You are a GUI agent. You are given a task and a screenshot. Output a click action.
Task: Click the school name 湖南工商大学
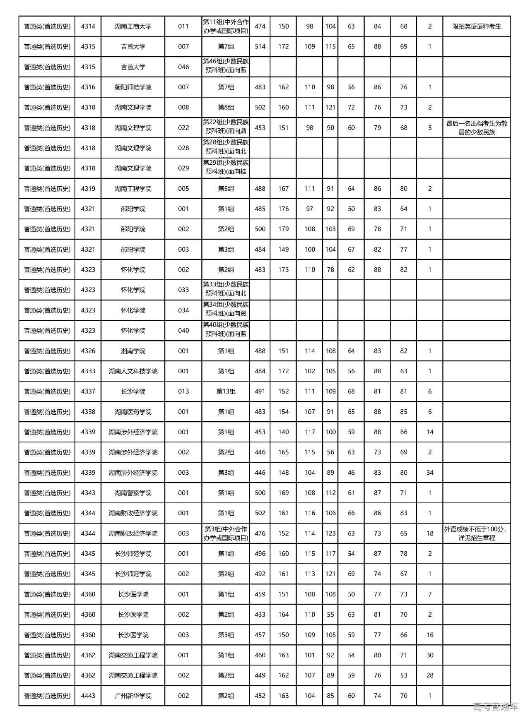[x=133, y=26]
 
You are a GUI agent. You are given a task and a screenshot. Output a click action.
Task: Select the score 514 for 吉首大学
[x=260, y=47]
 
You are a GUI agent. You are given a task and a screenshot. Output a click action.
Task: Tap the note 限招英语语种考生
[x=477, y=26]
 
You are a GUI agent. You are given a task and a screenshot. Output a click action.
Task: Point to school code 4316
[x=88, y=87]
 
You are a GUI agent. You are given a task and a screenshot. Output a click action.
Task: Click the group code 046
[x=183, y=67]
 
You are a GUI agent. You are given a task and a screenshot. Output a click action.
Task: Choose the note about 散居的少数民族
[x=477, y=128]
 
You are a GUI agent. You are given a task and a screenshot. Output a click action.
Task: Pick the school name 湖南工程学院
[x=133, y=189]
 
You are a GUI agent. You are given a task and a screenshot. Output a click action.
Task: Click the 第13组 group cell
[x=226, y=392]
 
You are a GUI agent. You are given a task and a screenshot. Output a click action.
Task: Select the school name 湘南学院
[x=133, y=351]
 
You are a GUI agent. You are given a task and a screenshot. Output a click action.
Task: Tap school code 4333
[x=88, y=371]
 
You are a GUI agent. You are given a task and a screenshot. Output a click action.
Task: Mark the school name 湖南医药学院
[x=133, y=412]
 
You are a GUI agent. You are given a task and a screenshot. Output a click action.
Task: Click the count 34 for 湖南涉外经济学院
[x=430, y=473]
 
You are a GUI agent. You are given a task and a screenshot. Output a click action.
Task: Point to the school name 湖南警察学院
[x=133, y=493]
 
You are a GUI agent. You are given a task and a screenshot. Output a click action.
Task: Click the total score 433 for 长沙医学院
[x=260, y=615]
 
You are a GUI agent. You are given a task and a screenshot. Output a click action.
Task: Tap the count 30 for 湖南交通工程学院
[x=430, y=655]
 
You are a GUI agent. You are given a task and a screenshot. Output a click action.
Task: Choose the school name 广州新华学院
[x=133, y=696]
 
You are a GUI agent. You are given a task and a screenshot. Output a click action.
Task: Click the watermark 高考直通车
[x=495, y=706]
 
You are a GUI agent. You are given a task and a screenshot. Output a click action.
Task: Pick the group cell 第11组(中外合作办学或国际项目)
[x=226, y=26]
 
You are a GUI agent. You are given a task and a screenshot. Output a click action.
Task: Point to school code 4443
[x=88, y=696]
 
